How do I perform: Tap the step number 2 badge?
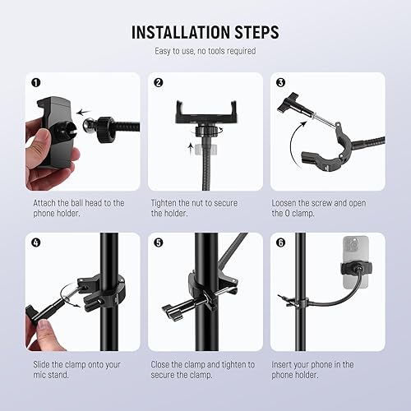tap(159, 83)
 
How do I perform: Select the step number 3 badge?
tap(280, 83)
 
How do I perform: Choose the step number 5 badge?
tap(159, 243)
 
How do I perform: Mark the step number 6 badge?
tap(280, 243)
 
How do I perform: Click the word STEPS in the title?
tap(256, 33)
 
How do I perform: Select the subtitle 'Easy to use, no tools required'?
tap(205, 52)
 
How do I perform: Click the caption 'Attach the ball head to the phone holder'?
tap(79, 207)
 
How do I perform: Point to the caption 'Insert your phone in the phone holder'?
tap(323, 369)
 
